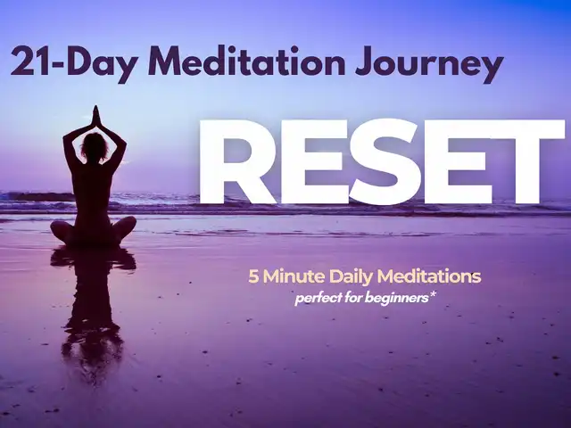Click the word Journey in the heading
(429, 65)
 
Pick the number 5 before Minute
(253, 277)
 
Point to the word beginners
(396, 299)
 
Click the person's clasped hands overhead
(95, 115)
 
